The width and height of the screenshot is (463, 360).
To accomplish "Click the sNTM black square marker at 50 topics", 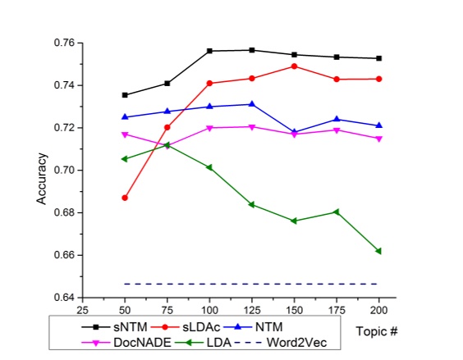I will click(x=125, y=95).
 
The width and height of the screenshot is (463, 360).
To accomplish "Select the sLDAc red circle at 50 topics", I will click(x=125, y=198).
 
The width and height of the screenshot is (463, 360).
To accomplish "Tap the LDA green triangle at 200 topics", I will click(x=378, y=251).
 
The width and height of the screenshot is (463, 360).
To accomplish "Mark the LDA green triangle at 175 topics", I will click(x=337, y=212).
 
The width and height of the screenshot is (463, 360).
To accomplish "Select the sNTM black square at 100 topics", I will click(x=209, y=51).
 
